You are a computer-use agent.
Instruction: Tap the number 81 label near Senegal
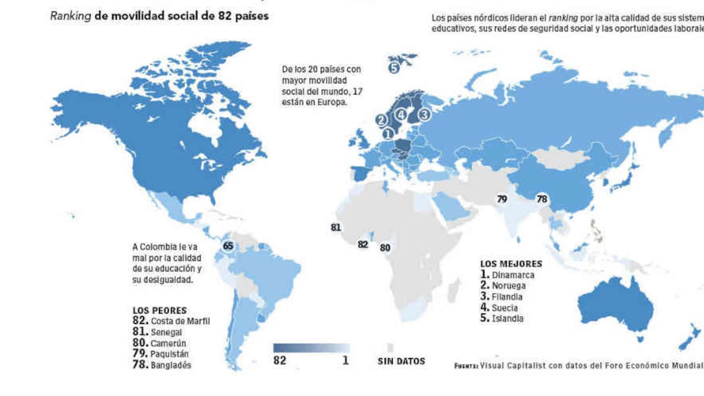tap(335, 227)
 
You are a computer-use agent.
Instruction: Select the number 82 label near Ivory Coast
tap(362, 244)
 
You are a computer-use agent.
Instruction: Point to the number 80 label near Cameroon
tap(385, 248)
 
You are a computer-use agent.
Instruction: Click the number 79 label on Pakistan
tap(502, 199)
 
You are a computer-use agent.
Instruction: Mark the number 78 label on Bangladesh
tap(542, 199)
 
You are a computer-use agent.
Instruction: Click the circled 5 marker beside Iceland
tap(393, 68)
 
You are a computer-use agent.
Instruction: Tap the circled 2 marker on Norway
tap(381, 119)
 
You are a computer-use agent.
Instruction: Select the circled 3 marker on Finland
tap(424, 114)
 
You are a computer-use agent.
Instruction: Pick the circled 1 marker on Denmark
tap(388, 133)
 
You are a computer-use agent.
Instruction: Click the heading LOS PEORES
tap(159, 310)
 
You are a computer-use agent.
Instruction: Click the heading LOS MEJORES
tap(511, 264)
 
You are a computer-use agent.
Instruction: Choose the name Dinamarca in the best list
tap(513, 275)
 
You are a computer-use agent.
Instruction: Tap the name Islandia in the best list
tap(508, 318)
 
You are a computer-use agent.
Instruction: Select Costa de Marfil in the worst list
tap(180, 321)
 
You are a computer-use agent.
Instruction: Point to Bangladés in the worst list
tap(171, 365)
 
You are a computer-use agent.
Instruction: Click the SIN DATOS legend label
tap(402, 361)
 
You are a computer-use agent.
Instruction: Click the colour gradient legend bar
tap(311, 348)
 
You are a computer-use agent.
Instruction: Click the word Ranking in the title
tap(70, 16)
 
